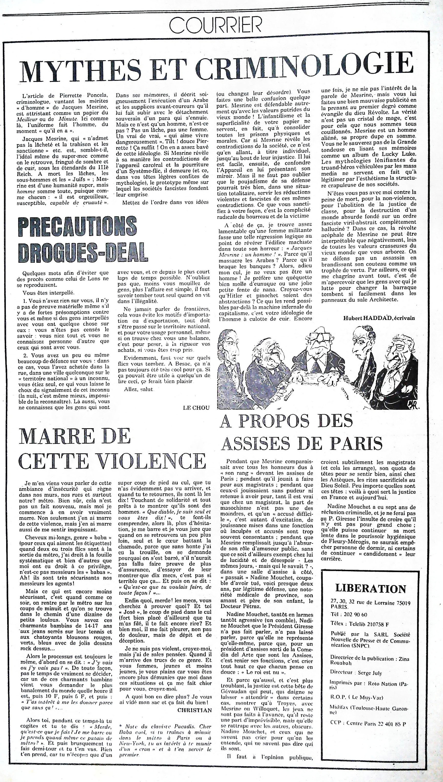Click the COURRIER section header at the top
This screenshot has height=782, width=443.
coord(215,25)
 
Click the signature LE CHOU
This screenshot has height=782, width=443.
coord(196,408)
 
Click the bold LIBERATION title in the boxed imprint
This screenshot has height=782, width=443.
coord(370,588)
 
